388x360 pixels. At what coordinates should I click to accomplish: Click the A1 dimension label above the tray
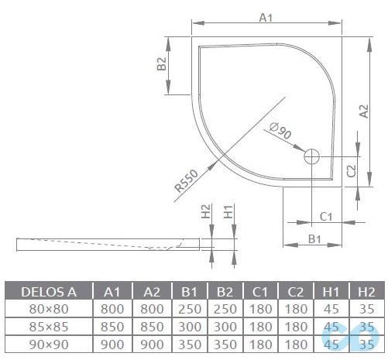pyautogui.click(x=266, y=16)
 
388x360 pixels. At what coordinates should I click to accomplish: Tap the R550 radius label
pyautogui.click(x=187, y=180)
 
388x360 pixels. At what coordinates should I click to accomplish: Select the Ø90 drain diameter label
pyautogui.click(x=280, y=134)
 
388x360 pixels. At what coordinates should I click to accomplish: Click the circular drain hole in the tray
pyautogui.click(x=312, y=156)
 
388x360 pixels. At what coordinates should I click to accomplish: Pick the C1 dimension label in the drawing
pyautogui.click(x=326, y=216)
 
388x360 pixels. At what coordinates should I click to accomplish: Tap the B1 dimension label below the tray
pyautogui.click(x=314, y=239)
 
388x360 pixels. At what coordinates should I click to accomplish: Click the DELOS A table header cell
pyautogui.click(x=48, y=292)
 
